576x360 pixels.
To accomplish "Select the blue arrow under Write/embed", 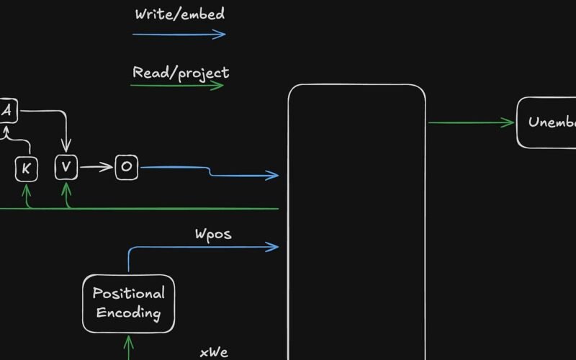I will pyautogui.click(x=179, y=33).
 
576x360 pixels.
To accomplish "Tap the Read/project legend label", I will pyautogui.click(x=181, y=72).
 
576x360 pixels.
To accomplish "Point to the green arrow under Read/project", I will pyautogui.click(x=176, y=86).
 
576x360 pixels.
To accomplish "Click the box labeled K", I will pyautogui.click(x=26, y=168).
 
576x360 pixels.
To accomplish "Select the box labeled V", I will pyautogui.click(x=66, y=168).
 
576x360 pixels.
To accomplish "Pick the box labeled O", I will pyautogui.click(x=126, y=168).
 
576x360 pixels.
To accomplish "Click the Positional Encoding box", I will pyautogui.click(x=128, y=303).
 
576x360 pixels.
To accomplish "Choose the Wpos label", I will pyautogui.click(x=213, y=234).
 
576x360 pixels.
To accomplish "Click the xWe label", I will pyautogui.click(x=214, y=352).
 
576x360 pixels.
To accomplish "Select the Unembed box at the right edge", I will pyautogui.click(x=546, y=122).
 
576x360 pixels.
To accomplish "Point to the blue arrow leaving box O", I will pyautogui.click(x=209, y=171).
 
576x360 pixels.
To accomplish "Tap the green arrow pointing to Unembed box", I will pyautogui.click(x=472, y=122).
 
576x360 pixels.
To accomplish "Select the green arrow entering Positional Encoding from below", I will pyautogui.click(x=129, y=347).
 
